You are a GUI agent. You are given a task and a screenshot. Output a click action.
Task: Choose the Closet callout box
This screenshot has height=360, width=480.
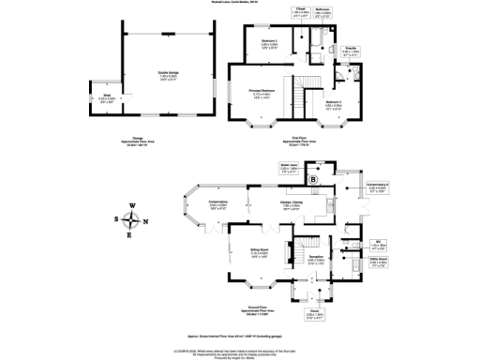[302, 14]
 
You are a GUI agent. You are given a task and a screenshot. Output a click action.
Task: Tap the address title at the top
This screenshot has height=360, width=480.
[240, 3]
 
